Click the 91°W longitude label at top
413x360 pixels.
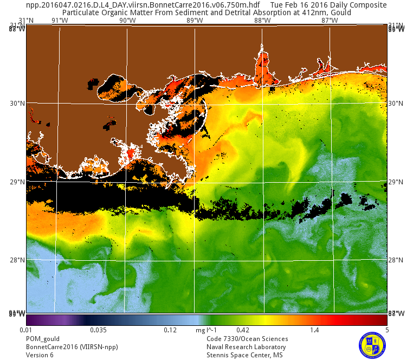click(x=60, y=21)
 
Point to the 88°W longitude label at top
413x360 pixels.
click(x=262, y=21)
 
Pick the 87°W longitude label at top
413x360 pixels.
click(x=330, y=21)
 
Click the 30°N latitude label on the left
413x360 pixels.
click(x=18, y=104)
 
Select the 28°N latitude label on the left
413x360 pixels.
click(x=18, y=260)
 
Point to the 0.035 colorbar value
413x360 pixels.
click(x=98, y=330)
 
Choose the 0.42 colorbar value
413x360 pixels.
click(x=242, y=330)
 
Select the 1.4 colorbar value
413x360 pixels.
click(x=315, y=330)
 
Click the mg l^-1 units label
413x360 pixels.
click(x=206, y=330)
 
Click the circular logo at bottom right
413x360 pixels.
click(x=372, y=344)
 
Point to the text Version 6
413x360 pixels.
click(x=40, y=355)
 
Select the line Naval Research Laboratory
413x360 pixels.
click(x=246, y=347)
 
